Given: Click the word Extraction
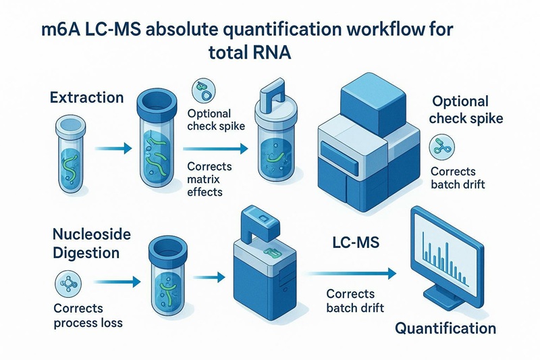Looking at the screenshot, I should pyautogui.click(x=87, y=97).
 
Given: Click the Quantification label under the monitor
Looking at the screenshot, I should pyautogui.click(x=445, y=329).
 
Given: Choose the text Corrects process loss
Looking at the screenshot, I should pyautogui.click(x=88, y=315).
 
